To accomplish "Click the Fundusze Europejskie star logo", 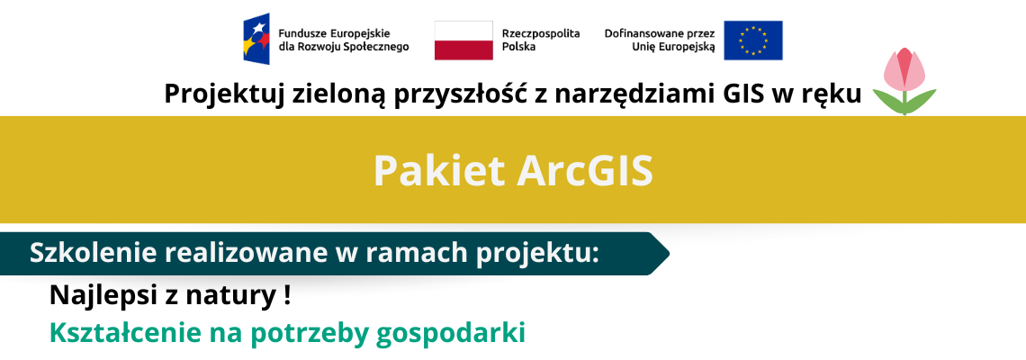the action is [x=256, y=40].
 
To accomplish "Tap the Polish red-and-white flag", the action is [x=463, y=40].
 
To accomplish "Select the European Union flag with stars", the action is [x=752, y=40].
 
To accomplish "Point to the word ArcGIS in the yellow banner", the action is [x=584, y=172].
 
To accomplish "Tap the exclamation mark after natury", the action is [x=286, y=296].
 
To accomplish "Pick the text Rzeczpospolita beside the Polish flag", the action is [x=541, y=34].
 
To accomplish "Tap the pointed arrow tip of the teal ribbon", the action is [x=669, y=253].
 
